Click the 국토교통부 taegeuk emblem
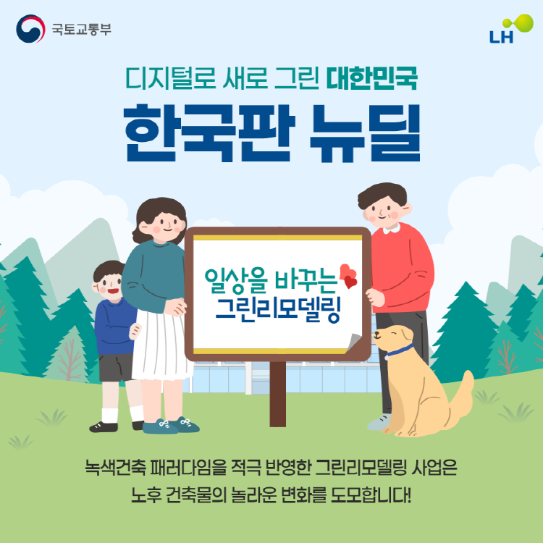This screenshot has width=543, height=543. [30, 29]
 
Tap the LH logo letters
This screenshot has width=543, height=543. [501, 37]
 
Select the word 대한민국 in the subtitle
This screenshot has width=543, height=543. [372, 78]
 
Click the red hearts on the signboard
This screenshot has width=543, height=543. [348, 276]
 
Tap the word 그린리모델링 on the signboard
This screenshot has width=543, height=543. [279, 310]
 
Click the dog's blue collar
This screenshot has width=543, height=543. [399, 351]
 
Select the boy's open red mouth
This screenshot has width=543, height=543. [113, 290]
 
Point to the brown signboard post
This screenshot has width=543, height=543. [278, 394]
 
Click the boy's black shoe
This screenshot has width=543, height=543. [104, 426]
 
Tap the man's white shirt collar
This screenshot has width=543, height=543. [392, 228]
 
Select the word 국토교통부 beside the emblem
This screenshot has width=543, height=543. [82, 29]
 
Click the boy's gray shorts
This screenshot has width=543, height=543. [116, 367]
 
